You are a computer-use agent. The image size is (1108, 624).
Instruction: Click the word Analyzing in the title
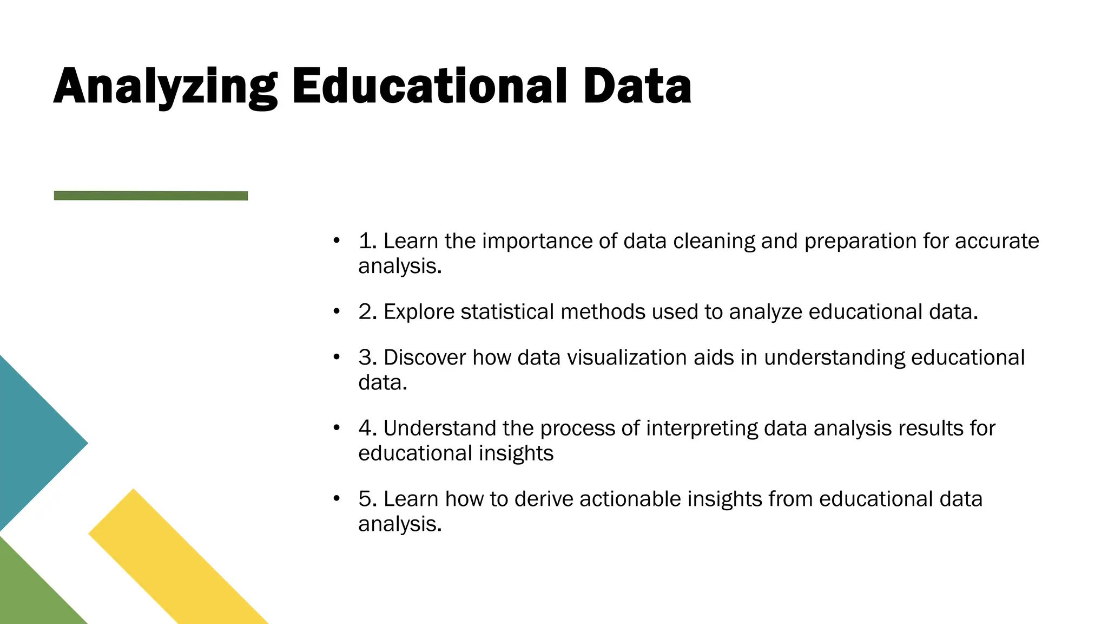pos(165,87)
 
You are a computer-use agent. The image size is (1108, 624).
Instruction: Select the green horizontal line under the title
pos(151,196)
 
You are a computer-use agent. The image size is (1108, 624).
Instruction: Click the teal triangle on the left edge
pos(32,443)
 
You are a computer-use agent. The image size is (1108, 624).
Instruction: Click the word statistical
pos(507,312)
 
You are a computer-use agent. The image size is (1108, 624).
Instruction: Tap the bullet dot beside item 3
pos(337,357)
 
